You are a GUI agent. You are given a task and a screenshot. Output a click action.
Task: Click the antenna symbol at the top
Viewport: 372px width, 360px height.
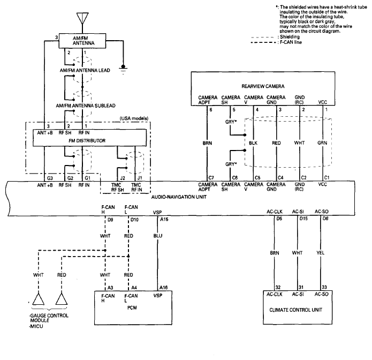tap(82, 18)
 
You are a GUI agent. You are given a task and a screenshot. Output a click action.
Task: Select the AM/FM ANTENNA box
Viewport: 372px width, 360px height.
tap(82, 41)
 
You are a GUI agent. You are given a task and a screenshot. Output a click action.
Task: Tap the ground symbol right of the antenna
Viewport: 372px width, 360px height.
tap(123, 69)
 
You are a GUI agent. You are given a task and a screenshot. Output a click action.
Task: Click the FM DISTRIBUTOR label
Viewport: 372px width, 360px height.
tap(87, 140)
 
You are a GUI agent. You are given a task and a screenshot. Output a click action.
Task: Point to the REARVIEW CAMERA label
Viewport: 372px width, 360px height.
tap(263, 86)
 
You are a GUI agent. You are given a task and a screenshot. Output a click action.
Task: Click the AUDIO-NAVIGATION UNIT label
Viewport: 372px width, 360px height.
tap(179, 197)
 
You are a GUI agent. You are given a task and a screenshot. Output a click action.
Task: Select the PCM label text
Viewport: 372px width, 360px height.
tap(132, 307)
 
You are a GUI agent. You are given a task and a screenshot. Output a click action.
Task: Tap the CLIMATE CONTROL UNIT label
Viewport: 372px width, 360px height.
tap(296, 310)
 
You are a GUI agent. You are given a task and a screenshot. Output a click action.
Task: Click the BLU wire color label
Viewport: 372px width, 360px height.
tap(158, 236)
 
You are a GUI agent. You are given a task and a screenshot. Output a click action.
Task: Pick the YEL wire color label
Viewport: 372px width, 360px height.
tap(320, 253)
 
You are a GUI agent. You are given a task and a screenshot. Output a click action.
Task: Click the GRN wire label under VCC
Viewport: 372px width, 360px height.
tap(322, 142)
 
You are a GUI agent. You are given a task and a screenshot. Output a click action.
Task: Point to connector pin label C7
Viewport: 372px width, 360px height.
tap(211, 178)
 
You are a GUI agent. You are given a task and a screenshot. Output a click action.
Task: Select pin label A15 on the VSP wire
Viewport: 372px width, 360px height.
tap(164, 220)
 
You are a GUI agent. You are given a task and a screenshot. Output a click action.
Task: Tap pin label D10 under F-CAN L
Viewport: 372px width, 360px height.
tap(134, 220)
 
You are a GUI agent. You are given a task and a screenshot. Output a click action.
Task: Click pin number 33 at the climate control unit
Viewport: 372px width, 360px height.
tap(324, 287)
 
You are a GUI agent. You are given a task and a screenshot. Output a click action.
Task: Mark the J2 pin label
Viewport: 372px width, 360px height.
tap(123, 178)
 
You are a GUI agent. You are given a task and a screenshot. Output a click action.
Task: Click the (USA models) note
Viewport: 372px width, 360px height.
tap(134, 118)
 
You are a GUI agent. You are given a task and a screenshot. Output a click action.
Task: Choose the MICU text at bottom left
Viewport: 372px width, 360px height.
tap(36, 326)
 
